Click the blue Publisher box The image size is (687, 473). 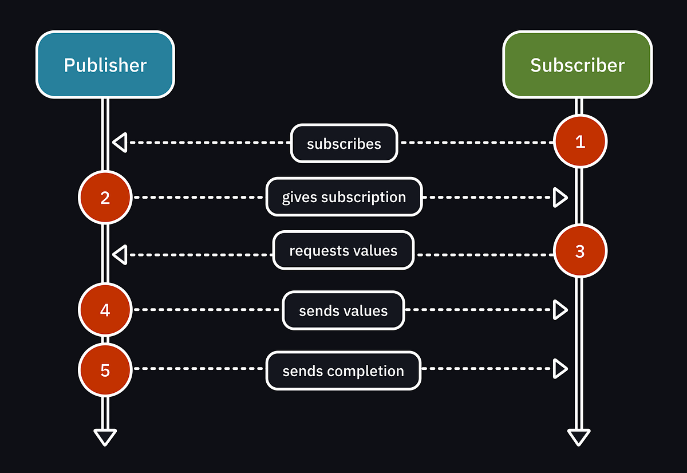pos(105,65)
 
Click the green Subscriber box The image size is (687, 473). pos(577,65)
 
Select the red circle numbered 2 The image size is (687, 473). pos(105,198)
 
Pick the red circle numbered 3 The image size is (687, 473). pos(580,251)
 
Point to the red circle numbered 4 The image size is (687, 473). pos(105,310)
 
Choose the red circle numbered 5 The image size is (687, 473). pos(105,370)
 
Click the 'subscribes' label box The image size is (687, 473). pos(343,143)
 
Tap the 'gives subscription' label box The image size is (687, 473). pos(343,197)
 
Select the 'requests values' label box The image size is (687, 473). pos(343,250)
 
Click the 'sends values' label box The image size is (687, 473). pos(343,310)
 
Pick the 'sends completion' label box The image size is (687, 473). pos(343,370)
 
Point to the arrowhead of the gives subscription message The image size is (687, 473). pos(560,198)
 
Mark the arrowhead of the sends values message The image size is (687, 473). pos(560,310)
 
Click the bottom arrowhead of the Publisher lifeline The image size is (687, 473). pos(105,437)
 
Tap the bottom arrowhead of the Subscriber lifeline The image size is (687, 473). pos(579,437)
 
